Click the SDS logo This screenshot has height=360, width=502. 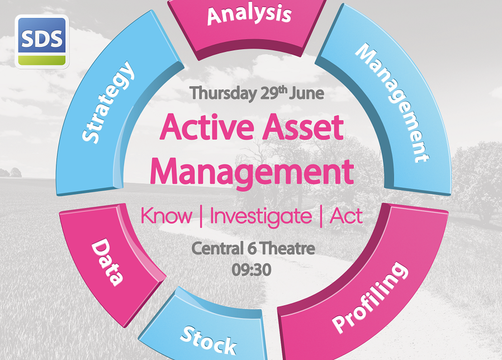42,41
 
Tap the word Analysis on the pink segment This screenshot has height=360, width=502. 249,15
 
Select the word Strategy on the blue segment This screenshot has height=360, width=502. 107,102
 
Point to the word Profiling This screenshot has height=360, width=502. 370,298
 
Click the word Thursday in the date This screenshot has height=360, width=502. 222,93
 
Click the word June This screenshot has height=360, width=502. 306,93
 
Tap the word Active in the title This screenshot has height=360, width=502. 207,127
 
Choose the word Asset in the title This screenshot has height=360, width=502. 304,127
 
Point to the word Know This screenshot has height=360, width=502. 167,216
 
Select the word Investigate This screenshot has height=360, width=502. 261,216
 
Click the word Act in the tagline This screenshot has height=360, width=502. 346,216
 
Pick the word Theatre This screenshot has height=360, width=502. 287,249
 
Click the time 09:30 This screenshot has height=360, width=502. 252,270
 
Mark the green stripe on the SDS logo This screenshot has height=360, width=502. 42,60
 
